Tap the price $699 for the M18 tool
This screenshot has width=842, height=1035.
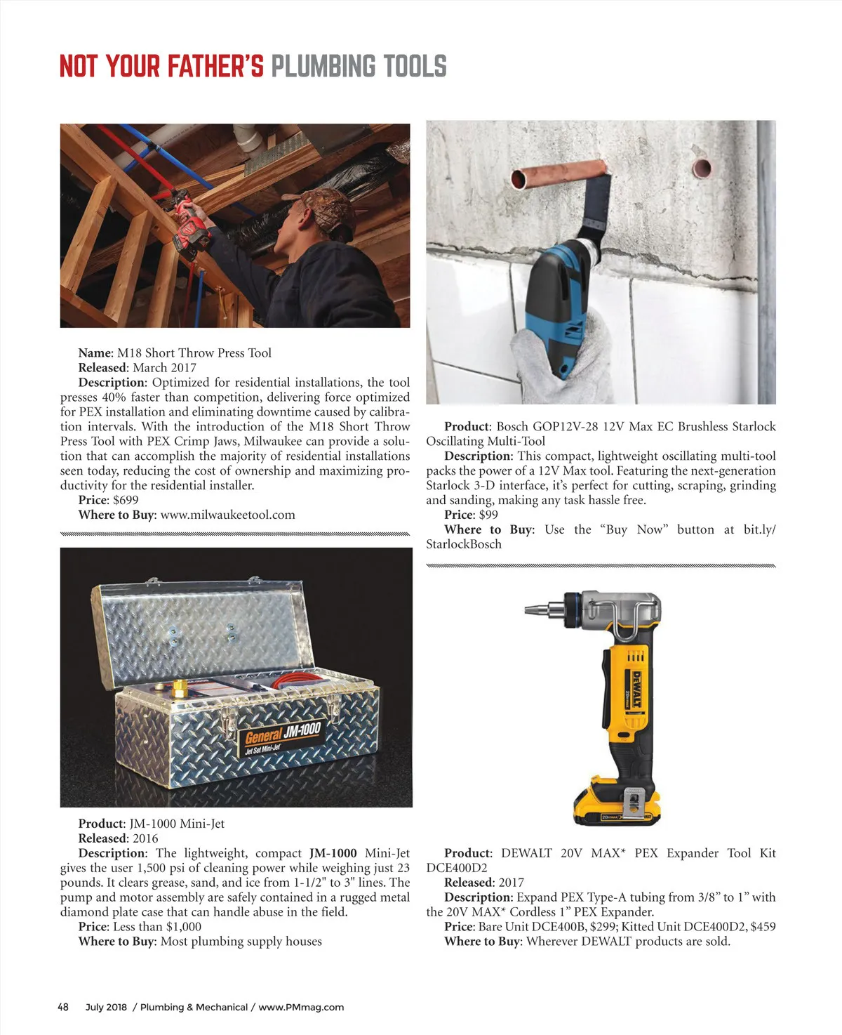[126, 500]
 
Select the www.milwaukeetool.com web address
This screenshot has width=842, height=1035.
[227, 515]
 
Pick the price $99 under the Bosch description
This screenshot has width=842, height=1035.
[488, 515]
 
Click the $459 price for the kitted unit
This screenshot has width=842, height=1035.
[763, 926]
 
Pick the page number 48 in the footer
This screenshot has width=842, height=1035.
[63, 1007]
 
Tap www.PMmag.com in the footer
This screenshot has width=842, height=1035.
[301, 1007]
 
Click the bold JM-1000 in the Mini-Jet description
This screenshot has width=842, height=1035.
[333, 853]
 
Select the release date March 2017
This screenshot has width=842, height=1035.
[164, 367]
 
